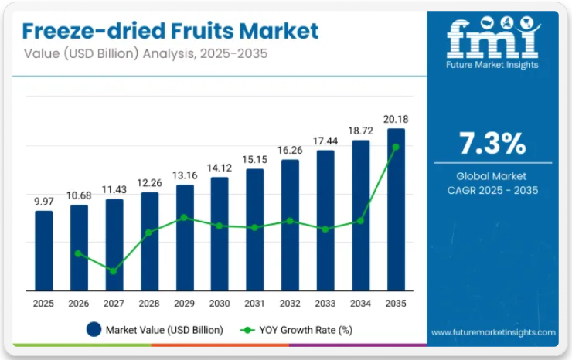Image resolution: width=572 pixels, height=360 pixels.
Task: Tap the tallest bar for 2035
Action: (396, 209)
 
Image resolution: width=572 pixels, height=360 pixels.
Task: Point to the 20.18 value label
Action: (396, 119)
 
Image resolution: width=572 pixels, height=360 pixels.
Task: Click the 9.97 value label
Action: (44, 201)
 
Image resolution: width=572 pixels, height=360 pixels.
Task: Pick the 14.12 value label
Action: (220, 168)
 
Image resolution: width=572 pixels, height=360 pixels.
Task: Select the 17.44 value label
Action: (325, 141)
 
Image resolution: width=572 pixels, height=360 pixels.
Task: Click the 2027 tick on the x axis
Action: (114, 304)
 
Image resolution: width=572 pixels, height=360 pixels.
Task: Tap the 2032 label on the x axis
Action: (290, 304)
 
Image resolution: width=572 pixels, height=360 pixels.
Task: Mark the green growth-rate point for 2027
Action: (114, 271)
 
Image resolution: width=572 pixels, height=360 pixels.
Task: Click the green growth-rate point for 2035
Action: (396, 146)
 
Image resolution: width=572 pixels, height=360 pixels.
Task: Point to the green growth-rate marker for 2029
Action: (184, 217)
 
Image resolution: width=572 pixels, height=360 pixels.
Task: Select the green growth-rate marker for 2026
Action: (79, 253)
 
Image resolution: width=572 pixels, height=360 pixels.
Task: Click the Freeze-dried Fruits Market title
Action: (170, 31)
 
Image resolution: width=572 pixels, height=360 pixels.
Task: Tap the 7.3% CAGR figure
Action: (492, 144)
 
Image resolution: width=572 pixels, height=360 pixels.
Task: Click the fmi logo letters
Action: (492, 39)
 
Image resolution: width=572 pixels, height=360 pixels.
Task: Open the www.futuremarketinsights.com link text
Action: (493, 332)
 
